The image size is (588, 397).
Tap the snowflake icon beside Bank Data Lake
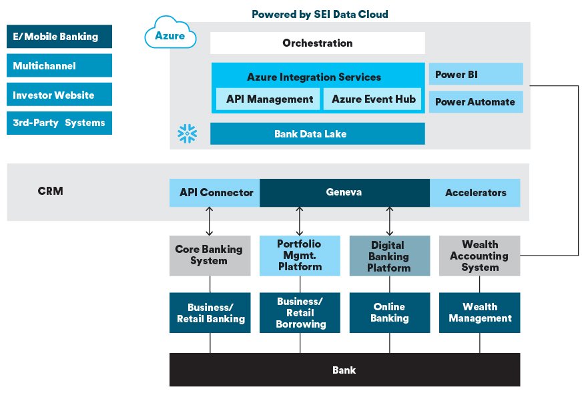(x=187, y=133)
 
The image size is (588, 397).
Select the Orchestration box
(x=317, y=43)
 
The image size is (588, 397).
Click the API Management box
(x=268, y=99)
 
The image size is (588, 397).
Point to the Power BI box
(x=476, y=74)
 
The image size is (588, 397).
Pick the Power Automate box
(x=476, y=101)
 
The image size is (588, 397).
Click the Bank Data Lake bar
(x=317, y=133)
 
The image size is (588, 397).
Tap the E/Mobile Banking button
(x=59, y=36)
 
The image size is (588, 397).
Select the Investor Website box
(x=59, y=95)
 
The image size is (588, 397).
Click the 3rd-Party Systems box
(x=59, y=123)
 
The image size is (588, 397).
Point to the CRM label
(x=50, y=191)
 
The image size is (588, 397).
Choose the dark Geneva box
(x=344, y=193)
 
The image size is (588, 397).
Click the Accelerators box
(x=475, y=193)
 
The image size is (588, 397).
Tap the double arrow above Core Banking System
(x=210, y=221)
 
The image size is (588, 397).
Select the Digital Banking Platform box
(x=390, y=256)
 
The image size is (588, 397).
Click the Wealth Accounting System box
(x=480, y=256)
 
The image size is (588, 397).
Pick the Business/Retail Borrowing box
(x=300, y=313)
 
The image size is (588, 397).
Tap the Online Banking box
(x=390, y=313)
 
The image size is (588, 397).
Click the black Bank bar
(x=344, y=370)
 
